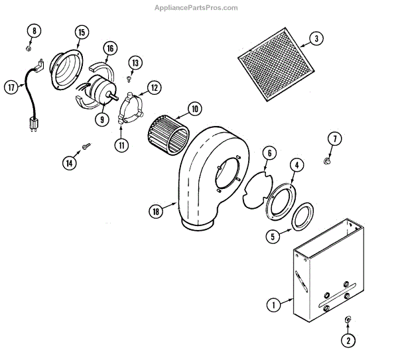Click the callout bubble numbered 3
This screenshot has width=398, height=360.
[x=316, y=38]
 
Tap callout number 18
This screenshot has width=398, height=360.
[x=155, y=211]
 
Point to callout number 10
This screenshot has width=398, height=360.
[x=194, y=108]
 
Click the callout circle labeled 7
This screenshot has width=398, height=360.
[x=335, y=139]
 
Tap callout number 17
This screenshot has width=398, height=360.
[x=12, y=87]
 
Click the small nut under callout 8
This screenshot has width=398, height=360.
[x=29, y=48]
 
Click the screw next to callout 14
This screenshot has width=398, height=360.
[x=86, y=145]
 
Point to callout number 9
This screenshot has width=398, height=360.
[x=101, y=120]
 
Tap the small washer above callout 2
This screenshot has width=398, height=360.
[x=348, y=320]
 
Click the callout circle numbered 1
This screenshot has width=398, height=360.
[x=273, y=306]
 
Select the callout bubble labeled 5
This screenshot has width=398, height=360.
[x=273, y=235]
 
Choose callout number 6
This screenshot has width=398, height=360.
[x=268, y=153]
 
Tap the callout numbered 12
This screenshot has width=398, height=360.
[x=154, y=87]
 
